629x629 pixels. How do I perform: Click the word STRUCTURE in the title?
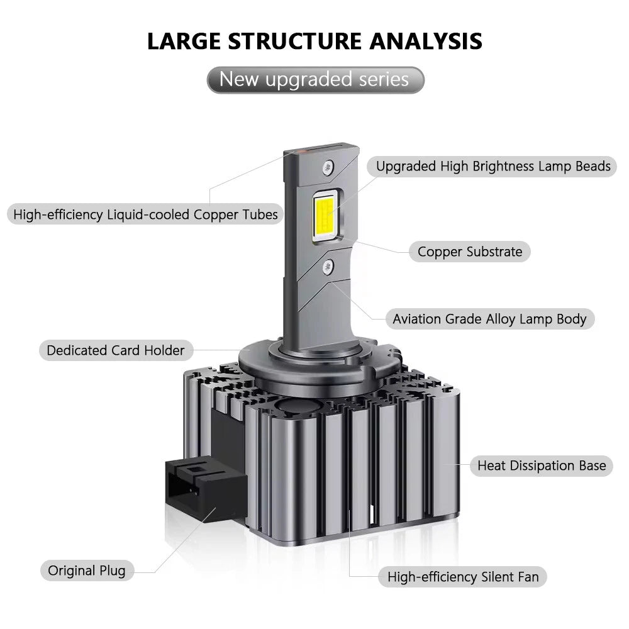coord(295,41)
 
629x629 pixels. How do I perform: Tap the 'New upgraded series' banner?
coord(315,80)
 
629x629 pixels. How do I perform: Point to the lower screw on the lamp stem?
coord(328,266)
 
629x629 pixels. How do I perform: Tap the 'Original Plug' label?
coord(87,571)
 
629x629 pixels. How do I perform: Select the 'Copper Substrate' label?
coord(470,252)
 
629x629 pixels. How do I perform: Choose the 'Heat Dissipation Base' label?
coord(542,465)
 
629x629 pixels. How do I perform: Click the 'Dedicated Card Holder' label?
coord(116,350)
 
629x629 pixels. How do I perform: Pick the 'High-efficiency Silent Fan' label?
coord(462,577)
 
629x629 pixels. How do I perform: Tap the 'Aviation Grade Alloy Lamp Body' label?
coord(490,319)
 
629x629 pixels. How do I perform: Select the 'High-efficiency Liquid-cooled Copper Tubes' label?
coord(146,214)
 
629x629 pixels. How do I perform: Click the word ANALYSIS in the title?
coord(426,41)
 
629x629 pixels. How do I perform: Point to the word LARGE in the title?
coord(184,41)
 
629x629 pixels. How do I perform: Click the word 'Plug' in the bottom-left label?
coord(113,571)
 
